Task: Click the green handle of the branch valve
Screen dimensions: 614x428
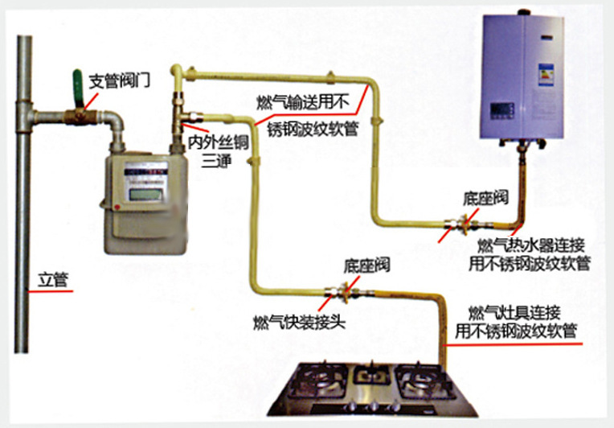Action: (77, 88)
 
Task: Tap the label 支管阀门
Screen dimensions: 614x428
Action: (120, 81)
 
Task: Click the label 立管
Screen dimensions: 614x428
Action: (53, 280)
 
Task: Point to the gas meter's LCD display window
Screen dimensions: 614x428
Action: (145, 195)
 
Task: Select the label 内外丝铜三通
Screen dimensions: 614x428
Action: (218, 151)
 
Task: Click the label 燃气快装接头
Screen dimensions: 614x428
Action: (299, 323)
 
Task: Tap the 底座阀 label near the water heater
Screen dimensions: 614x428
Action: (485, 198)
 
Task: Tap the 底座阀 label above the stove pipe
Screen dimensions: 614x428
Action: (367, 265)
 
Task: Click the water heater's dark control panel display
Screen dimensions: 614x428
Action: (502, 111)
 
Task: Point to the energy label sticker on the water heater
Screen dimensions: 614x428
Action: (546, 75)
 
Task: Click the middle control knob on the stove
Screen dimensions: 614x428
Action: (373, 406)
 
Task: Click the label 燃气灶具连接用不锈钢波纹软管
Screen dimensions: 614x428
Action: (516, 322)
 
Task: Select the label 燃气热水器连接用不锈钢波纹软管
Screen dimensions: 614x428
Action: (530, 254)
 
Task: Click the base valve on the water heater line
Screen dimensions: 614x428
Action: (465, 224)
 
